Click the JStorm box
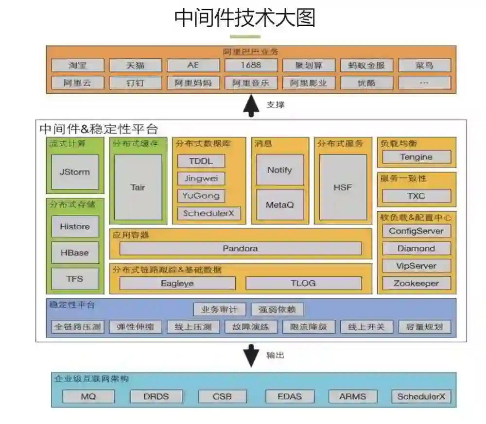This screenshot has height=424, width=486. click(x=75, y=172)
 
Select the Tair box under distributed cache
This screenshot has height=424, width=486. click(x=138, y=187)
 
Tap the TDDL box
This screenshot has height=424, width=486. click(x=201, y=161)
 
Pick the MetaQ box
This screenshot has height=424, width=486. click(x=279, y=204)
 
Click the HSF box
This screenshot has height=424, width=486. click(x=343, y=187)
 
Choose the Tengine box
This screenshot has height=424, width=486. click(x=417, y=157)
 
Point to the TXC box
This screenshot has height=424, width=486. click(x=417, y=196)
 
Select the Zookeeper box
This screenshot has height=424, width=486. click(x=417, y=283)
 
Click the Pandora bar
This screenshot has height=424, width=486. click(x=241, y=248)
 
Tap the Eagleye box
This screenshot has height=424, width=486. click(x=177, y=283)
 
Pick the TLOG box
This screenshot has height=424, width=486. click(x=303, y=283)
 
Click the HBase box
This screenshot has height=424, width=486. click(x=75, y=253)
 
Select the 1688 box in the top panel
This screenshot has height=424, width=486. click(x=250, y=65)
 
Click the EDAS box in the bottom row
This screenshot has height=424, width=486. click(x=290, y=396)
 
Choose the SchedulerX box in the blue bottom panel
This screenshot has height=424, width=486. click(x=421, y=396)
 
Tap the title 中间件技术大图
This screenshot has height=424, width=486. click(x=245, y=18)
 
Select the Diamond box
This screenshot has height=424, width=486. click(x=417, y=248)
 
